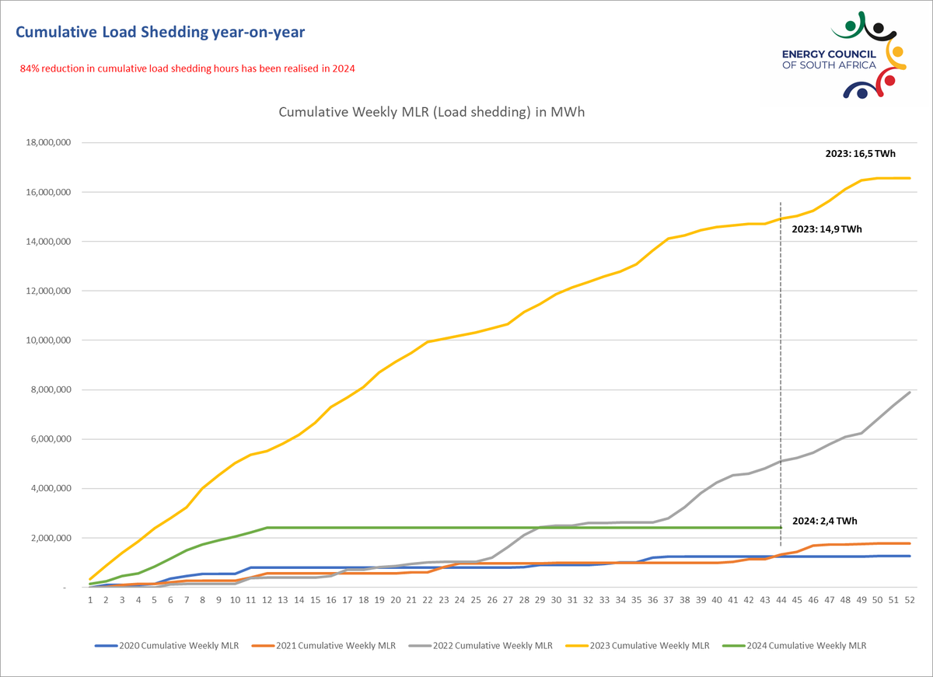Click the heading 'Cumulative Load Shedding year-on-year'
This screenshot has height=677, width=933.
pos(160,32)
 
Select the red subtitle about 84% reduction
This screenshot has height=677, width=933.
pos(187,68)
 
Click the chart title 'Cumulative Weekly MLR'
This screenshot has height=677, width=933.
pos(432,112)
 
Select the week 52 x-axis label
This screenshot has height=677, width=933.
pos(909,600)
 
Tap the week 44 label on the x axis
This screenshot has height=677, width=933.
pos(781,600)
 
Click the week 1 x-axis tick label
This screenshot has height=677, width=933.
pos(90,600)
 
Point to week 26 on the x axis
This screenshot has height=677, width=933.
pos(491,600)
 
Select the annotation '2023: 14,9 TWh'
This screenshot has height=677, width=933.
pos(827,229)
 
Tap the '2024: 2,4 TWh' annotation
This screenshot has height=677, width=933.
pos(825,521)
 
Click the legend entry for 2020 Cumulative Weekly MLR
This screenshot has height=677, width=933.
pos(167,646)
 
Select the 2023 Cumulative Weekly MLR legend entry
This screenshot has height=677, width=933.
pos(637,646)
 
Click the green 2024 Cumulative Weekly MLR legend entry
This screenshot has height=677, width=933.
pos(794,646)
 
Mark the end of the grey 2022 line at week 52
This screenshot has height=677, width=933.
pos(909,393)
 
